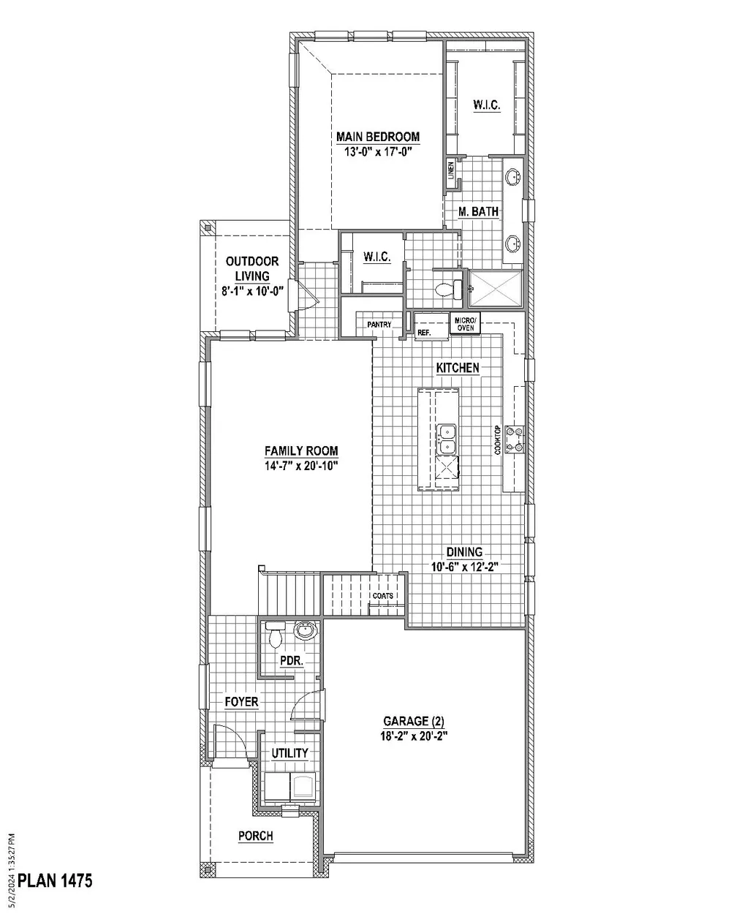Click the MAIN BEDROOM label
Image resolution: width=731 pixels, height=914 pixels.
coord(378,137)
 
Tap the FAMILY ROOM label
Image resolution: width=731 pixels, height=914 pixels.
coord(301,450)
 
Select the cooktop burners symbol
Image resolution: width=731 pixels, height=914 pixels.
coord(515,439)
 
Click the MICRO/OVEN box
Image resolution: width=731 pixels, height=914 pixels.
coord(465,325)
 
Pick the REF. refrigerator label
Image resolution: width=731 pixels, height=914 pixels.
coord(424,333)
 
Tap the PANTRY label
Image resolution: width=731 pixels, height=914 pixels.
coord(379,325)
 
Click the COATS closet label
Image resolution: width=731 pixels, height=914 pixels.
coord(383,596)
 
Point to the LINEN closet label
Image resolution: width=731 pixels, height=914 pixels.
coord(451,170)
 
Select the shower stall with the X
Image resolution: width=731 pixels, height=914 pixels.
coord(496,288)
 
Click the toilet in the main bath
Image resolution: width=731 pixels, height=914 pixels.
coord(449,290)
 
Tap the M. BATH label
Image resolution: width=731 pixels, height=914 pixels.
coord(478,211)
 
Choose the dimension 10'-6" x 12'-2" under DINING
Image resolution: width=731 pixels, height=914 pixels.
coord(464,567)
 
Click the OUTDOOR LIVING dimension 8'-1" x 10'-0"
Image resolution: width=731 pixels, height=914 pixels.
coord(252,291)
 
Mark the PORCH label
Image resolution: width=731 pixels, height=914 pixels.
coord(256,836)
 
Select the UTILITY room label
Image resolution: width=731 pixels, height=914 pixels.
coord(289,753)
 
